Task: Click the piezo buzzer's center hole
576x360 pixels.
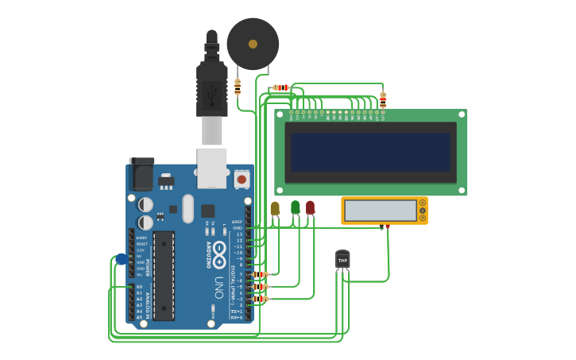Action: [x=253, y=45]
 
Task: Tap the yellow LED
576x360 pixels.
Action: [x=275, y=208]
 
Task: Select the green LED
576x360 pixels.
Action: [x=296, y=207]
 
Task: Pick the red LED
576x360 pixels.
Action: [x=310, y=207]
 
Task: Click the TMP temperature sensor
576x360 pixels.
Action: [x=342, y=260]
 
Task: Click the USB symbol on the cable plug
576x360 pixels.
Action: [x=212, y=94]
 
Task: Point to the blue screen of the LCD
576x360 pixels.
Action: [x=370, y=152]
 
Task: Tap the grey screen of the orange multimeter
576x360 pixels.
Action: [x=381, y=211]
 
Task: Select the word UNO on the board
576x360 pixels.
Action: [x=219, y=285]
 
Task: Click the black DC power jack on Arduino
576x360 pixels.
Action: [x=141, y=175]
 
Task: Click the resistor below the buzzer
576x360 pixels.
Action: [x=238, y=86]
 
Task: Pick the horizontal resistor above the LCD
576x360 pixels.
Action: [x=280, y=87]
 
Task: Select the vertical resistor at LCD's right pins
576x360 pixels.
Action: [x=383, y=99]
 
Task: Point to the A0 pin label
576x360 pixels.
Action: [x=140, y=286]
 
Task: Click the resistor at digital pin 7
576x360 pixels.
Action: [x=260, y=274]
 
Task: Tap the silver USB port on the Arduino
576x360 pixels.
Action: [x=212, y=168]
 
